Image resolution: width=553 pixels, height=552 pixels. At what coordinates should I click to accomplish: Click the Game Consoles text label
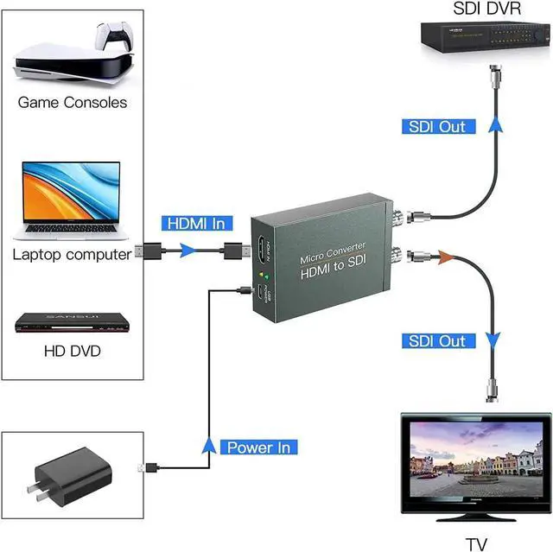(x=73, y=102)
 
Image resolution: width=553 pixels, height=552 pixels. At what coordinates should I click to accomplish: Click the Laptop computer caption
(x=73, y=254)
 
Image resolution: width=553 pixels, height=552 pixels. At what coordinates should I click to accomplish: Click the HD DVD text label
(x=73, y=352)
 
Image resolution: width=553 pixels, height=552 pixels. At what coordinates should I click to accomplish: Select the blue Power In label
(x=260, y=447)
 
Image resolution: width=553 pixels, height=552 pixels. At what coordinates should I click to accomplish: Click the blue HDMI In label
(x=197, y=223)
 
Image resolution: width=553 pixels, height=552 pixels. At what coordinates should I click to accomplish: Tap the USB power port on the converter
(x=259, y=295)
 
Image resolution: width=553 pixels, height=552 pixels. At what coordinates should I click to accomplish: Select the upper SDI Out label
(x=437, y=126)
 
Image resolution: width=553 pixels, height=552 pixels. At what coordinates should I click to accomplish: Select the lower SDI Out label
(x=437, y=340)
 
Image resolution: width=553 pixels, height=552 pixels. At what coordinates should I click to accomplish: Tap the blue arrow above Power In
(x=207, y=445)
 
